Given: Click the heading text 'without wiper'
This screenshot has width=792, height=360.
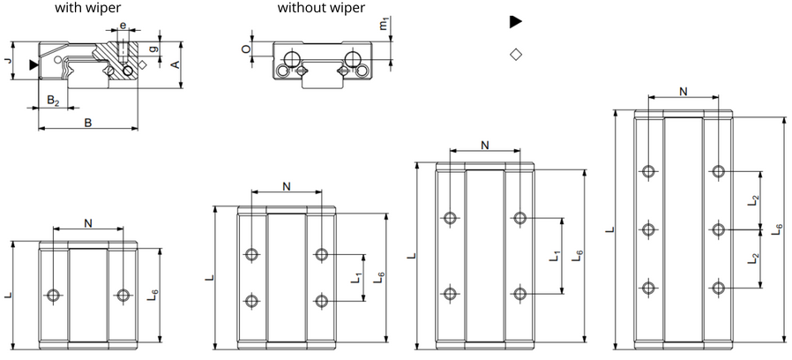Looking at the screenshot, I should (x=320, y=9).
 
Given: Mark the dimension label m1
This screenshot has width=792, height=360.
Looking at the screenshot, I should (x=384, y=26).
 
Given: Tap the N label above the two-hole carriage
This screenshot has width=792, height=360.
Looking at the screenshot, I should (x=88, y=222).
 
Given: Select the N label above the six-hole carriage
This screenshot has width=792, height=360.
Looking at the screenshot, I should (x=684, y=91).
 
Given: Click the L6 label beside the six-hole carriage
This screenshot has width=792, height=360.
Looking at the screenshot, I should (x=777, y=229).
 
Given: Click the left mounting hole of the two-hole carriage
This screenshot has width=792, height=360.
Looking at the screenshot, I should (x=55, y=294).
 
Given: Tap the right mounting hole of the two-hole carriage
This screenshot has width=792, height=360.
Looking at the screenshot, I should (x=122, y=294).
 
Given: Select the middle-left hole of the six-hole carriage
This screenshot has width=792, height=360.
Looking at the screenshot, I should (x=650, y=229).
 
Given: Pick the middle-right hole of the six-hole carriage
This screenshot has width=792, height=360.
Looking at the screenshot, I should (x=719, y=229).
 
